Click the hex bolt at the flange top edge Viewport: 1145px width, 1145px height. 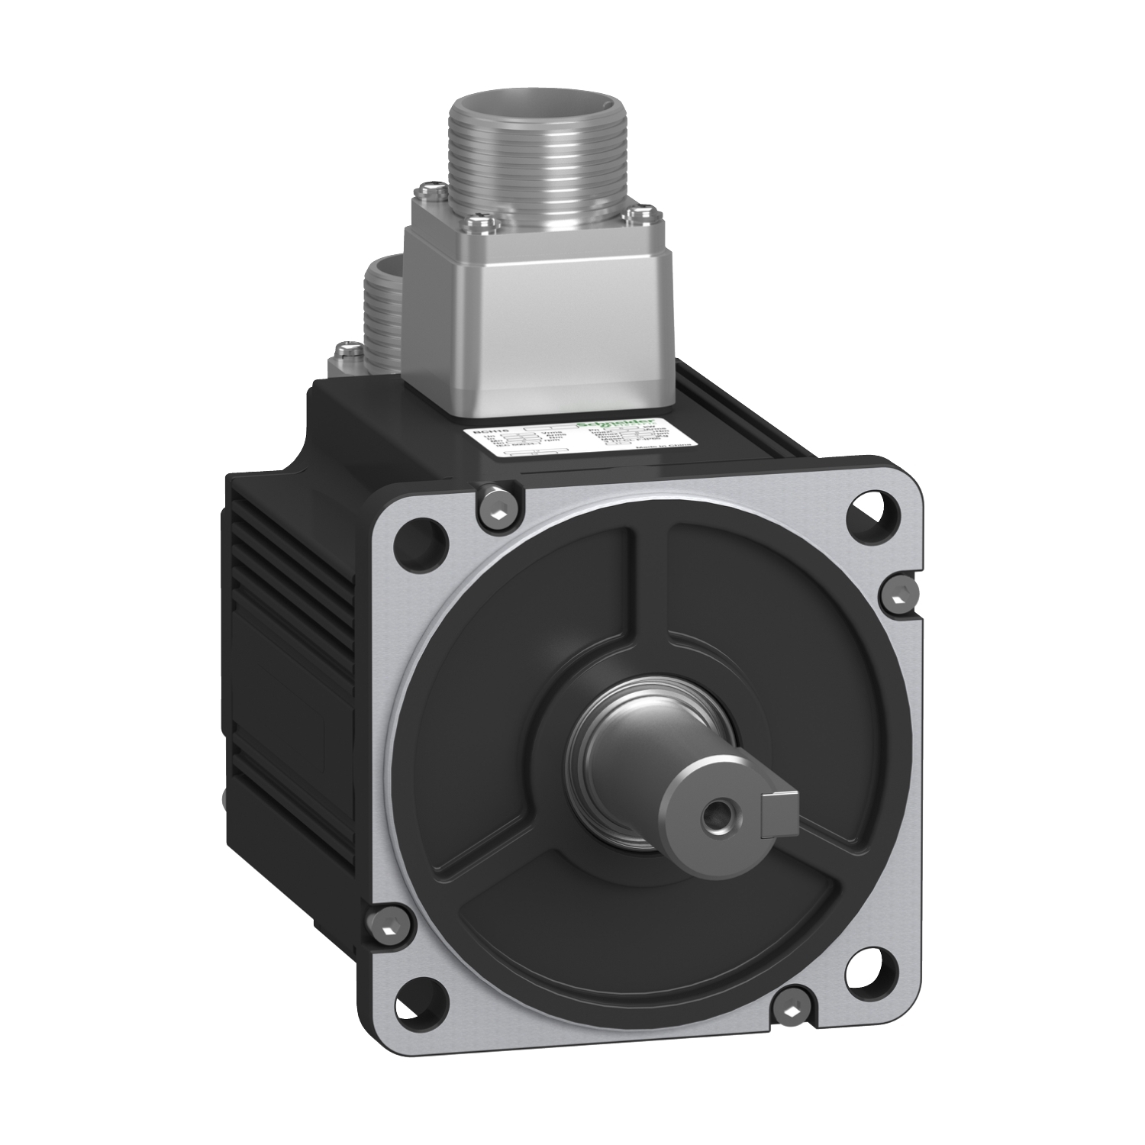pyautogui.click(x=498, y=505)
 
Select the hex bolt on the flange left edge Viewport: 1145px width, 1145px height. pyautogui.click(x=384, y=927)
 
